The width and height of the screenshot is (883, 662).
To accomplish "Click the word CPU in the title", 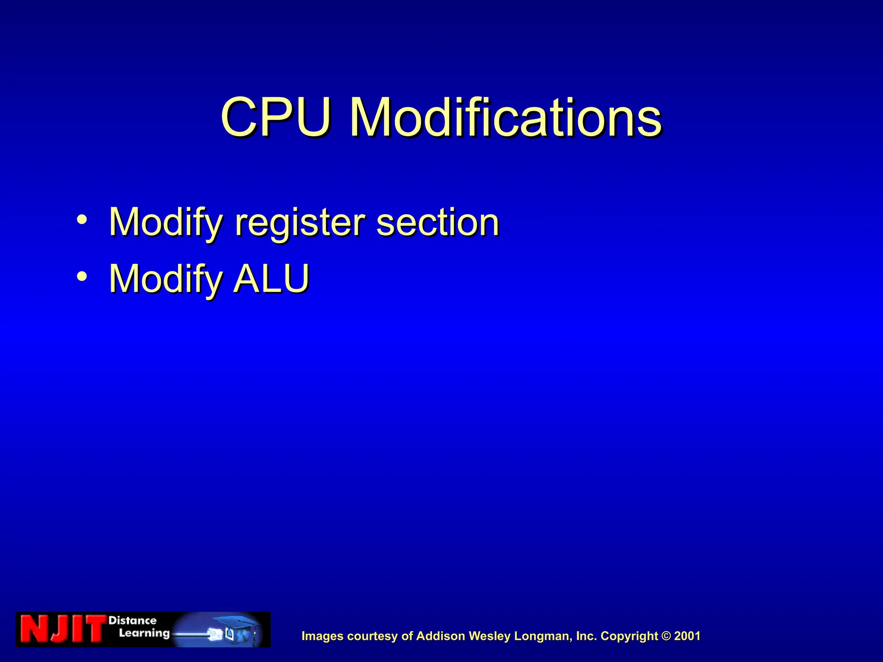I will [276, 117].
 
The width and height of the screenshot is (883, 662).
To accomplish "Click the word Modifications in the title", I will [505, 117].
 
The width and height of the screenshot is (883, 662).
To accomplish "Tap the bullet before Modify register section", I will [82, 220].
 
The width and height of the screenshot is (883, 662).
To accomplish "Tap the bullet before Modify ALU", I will [82, 276].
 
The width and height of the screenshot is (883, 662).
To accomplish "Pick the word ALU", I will [272, 279].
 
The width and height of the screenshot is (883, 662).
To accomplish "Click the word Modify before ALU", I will [166, 279].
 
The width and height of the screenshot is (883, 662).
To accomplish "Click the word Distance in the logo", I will [132, 621].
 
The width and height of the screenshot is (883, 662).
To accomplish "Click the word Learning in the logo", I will [144, 633].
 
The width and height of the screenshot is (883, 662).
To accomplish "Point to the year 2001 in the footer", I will [688, 636].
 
